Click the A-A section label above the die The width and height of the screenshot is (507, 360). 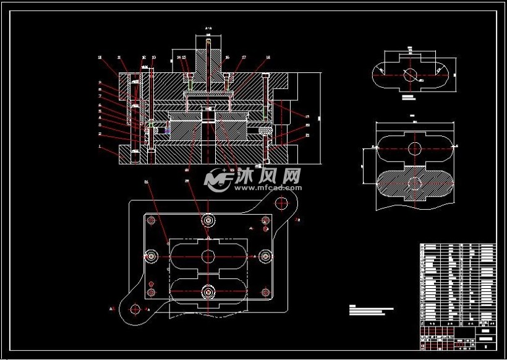click(x=208, y=28)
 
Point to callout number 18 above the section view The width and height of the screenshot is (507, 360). click(x=268, y=58)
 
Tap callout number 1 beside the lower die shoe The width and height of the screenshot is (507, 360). click(x=100, y=146)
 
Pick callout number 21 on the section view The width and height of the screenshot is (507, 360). click(x=307, y=135)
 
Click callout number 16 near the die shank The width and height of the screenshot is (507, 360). click(x=227, y=58)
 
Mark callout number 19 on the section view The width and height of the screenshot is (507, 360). click(x=307, y=116)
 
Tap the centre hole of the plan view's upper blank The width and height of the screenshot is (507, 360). click(x=208, y=255)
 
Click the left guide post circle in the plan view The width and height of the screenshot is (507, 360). click(x=150, y=255)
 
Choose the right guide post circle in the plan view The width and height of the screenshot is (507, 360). click(x=266, y=255)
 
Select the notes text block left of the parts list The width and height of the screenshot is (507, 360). click(x=371, y=309)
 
